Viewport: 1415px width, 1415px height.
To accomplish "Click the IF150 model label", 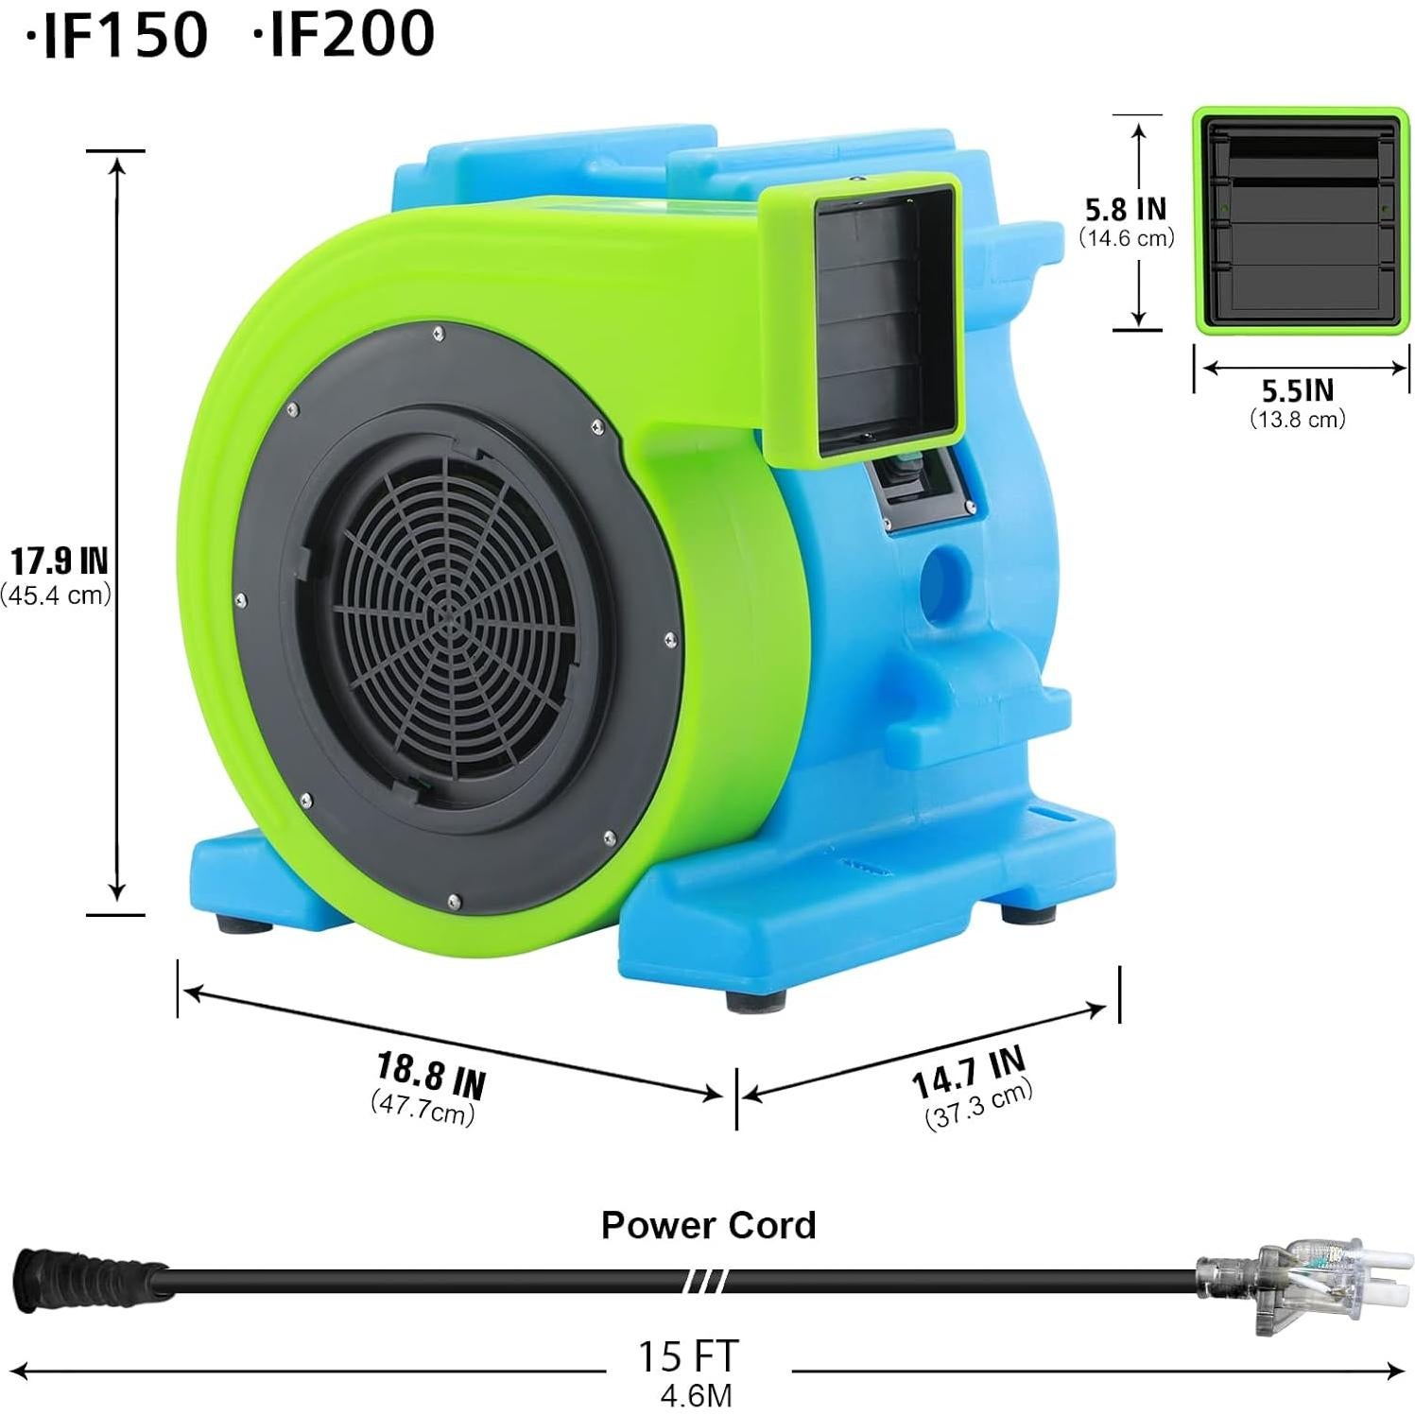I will coord(118,33).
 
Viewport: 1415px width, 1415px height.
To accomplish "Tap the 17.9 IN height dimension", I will coord(59,561).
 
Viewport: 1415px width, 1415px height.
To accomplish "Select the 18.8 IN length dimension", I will coord(431,1075).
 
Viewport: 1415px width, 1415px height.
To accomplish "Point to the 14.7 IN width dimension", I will coord(968,1073).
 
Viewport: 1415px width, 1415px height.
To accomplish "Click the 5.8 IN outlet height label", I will coord(1125,209).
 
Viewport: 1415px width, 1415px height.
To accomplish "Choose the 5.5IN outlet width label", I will coord(1298,390).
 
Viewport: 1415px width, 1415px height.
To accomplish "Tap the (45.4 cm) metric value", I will coord(57,595).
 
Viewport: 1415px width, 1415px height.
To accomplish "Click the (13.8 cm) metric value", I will coord(1298,419).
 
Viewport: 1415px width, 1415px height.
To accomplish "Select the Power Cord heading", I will coord(708,1225).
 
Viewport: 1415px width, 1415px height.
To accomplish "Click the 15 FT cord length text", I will coord(687,1355).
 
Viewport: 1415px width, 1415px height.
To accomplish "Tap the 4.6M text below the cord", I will coord(696,1395).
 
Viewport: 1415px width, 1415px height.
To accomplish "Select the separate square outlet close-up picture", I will coord(1301,220).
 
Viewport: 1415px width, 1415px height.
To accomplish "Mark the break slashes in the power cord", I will coord(705,1282).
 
